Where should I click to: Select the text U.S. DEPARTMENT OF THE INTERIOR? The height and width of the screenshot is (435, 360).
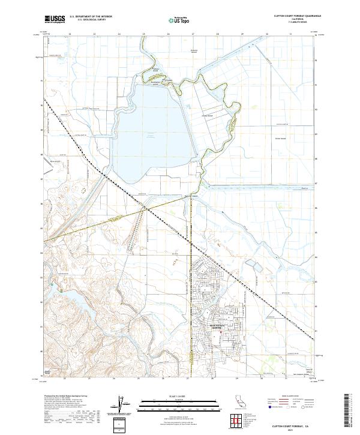pyautogui.click(x=91, y=17)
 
